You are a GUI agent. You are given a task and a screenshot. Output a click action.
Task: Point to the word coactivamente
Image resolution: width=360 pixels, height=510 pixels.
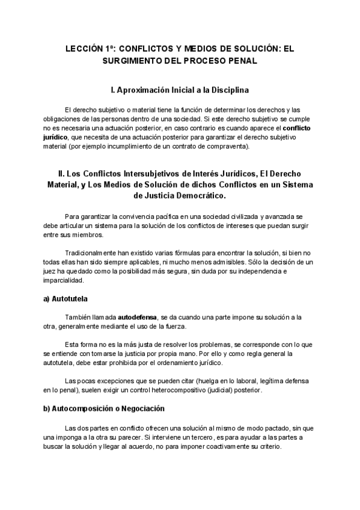coord(230,447)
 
